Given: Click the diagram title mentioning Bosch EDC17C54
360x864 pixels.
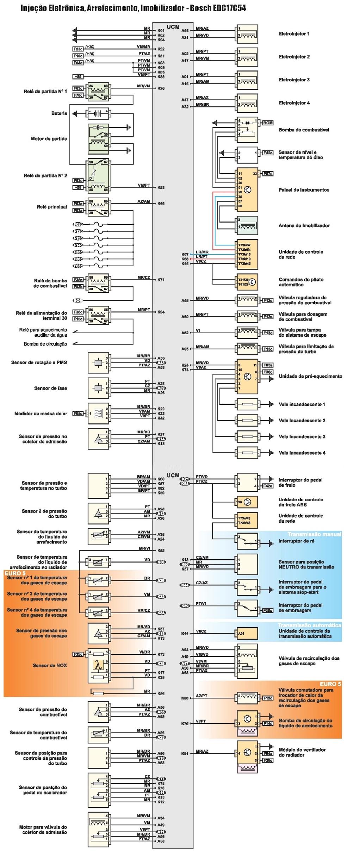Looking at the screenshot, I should pyautogui.click(x=133, y=8).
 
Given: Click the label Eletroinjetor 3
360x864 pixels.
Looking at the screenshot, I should pyautogui.click(x=294, y=80).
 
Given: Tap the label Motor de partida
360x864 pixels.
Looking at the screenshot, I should pyautogui.click(x=49, y=139).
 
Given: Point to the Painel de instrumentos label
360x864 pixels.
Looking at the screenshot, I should pyautogui.click(x=304, y=190).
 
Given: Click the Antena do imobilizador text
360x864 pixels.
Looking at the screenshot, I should pyautogui.click(x=304, y=225).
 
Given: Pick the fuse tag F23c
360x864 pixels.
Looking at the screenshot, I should pyautogui.click(x=78, y=49).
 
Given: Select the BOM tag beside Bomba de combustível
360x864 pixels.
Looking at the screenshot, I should pyautogui.click(x=268, y=123).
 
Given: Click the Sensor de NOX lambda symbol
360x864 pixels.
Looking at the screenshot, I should pyautogui.click(x=97, y=665).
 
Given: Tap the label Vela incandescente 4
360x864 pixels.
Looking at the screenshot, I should pyautogui.click(x=302, y=453).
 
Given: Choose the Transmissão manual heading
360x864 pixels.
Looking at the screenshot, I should pyautogui.click(x=314, y=534).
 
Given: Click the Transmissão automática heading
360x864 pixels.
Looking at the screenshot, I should pyautogui.click(x=309, y=625).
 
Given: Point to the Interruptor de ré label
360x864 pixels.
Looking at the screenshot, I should pyautogui.click(x=296, y=541).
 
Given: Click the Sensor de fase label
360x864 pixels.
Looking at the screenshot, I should pyautogui.click(x=50, y=388).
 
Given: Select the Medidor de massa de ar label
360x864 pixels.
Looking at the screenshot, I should pyautogui.click(x=41, y=414).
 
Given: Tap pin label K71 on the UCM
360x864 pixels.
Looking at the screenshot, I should pyautogui.click(x=161, y=280).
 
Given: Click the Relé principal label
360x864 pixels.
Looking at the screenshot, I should pyautogui.click(x=52, y=207).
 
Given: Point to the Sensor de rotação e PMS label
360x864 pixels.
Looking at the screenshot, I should pyautogui.click(x=39, y=362).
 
